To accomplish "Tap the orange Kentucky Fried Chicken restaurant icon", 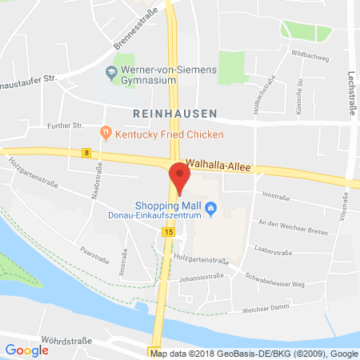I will pyautogui.click(x=106, y=132).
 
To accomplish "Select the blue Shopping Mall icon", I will pyautogui.click(x=211, y=210).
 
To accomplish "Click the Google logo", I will pyautogui.click(x=26, y=349).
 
